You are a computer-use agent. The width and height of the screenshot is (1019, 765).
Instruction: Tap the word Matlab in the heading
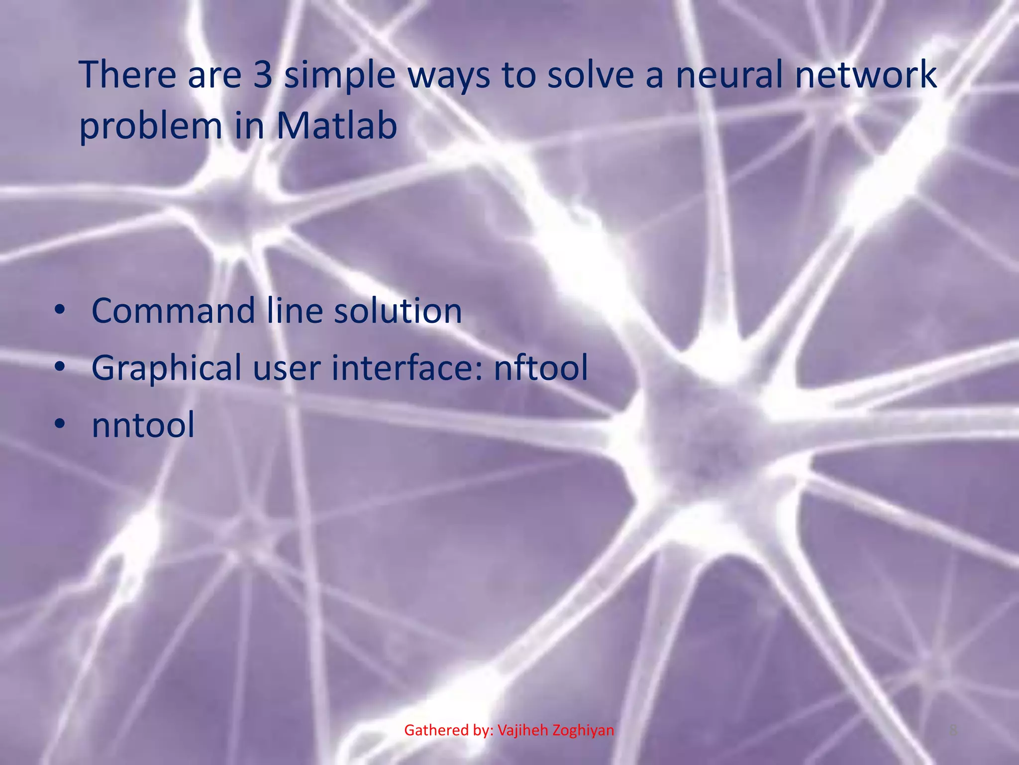tap(337, 126)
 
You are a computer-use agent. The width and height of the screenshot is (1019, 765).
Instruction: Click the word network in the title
tap(866, 75)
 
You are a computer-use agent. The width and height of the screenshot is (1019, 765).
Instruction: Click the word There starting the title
tap(127, 75)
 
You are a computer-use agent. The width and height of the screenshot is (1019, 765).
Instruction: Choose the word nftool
tap(541, 368)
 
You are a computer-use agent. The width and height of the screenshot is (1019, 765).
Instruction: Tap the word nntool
tap(143, 425)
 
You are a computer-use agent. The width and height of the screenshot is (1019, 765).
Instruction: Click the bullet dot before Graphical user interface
tap(60, 368)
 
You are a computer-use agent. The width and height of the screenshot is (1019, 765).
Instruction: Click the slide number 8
tap(953, 731)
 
